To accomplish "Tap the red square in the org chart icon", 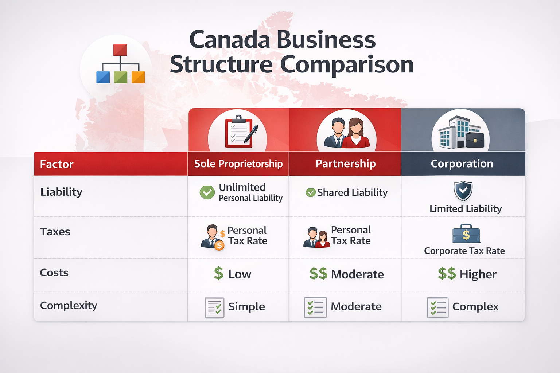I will click(x=120, y=50).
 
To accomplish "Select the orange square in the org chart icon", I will click(x=138, y=77).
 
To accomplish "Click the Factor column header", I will click(x=57, y=164).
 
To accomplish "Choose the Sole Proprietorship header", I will click(x=238, y=164).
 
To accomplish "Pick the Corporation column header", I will click(x=462, y=164).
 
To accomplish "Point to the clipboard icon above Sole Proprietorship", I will click(x=239, y=131).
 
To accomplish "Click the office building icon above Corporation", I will click(x=460, y=133).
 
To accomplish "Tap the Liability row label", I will click(x=61, y=192).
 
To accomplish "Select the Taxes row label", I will click(x=55, y=232).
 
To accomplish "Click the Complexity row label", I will click(x=69, y=306).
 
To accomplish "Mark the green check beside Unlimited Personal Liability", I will click(x=207, y=192).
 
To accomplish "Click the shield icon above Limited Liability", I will click(x=463, y=191).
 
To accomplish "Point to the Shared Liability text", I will click(x=352, y=192).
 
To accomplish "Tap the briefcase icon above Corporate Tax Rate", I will click(x=466, y=234).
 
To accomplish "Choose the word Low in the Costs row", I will click(x=240, y=274).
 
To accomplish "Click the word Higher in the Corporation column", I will click(x=478, y=274).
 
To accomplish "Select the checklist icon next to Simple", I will click(x=214, y=307).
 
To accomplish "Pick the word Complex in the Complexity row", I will click(x=475, y=307).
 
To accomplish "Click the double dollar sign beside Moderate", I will click(x=318, y=274).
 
